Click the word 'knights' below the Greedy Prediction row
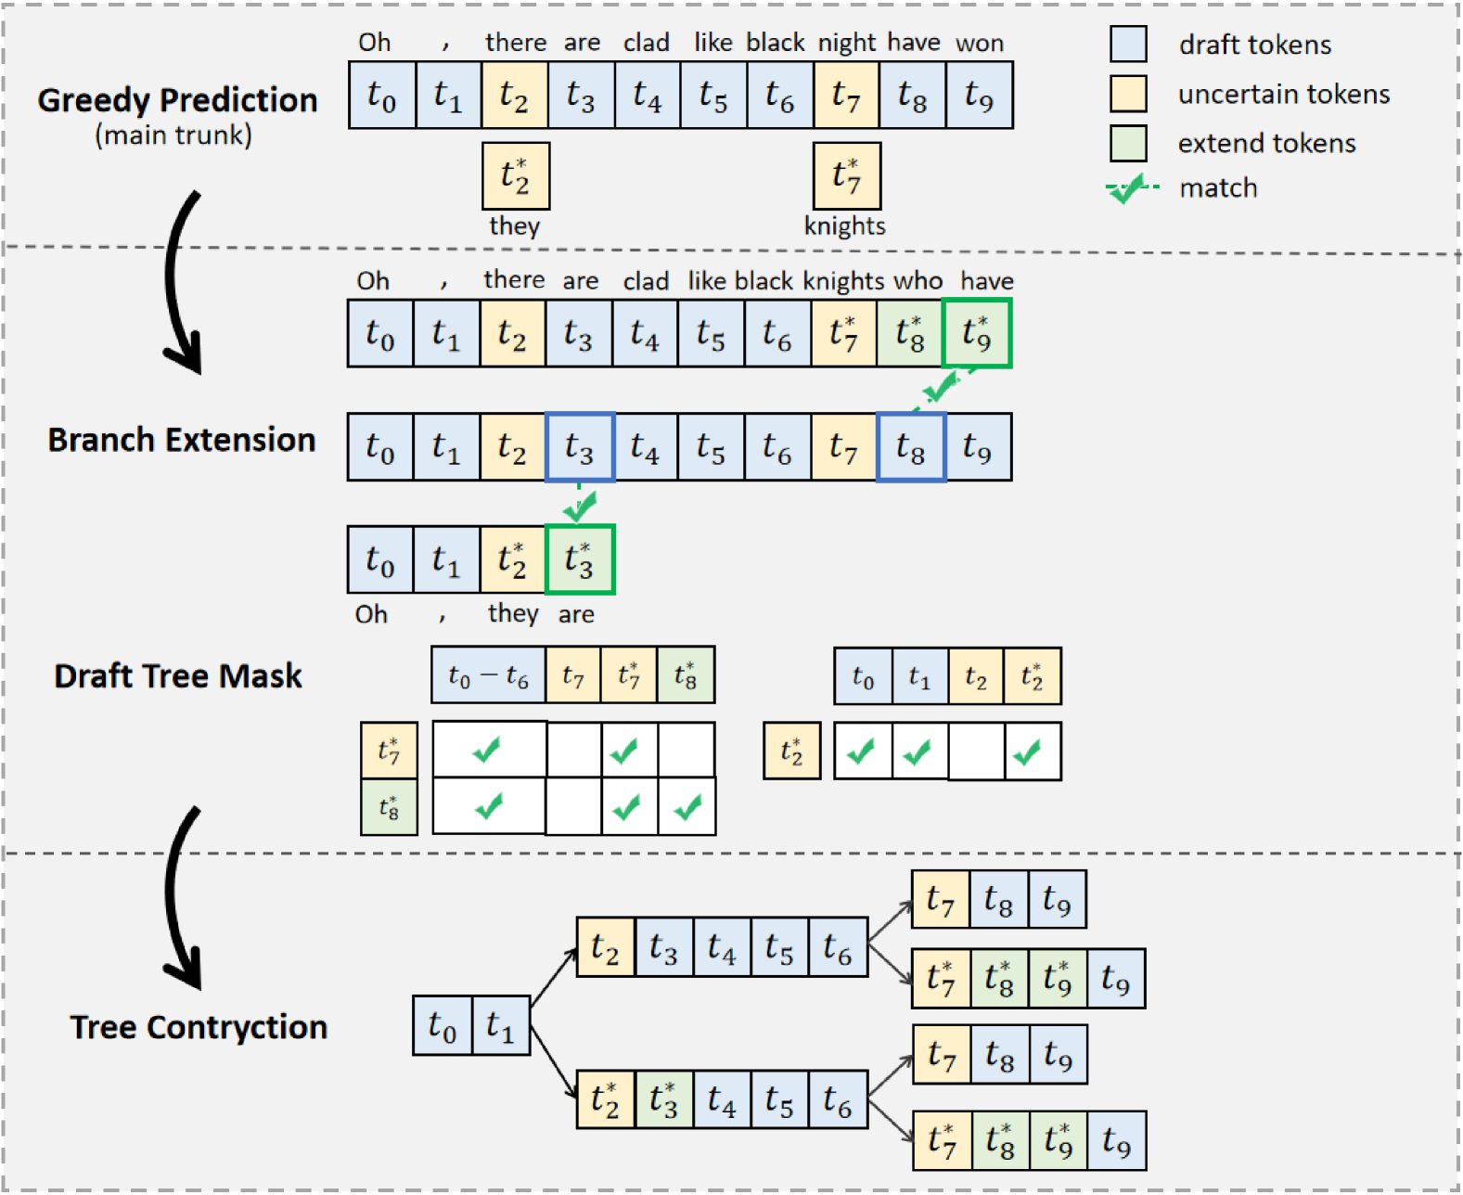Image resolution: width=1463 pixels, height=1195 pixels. click(844, 226)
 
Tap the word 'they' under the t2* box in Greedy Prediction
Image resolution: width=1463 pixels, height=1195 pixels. click(514, 226)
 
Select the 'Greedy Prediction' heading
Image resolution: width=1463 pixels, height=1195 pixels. click(177, 100)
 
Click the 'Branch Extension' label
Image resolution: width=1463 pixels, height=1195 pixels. click(182, 440)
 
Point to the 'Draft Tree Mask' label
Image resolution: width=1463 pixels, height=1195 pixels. click(178, 676)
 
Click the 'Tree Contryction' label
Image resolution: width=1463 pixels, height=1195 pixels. click(199, 1027)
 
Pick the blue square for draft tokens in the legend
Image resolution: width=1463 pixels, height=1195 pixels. click(1128, 45)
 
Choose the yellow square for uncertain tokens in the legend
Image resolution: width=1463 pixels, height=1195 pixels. click(1128, 94)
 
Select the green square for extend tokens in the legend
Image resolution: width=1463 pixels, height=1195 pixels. click(1128, 143)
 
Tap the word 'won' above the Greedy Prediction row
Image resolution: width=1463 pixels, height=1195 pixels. click(980, 44)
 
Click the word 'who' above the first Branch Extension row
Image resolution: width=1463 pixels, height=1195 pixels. click(918, 281)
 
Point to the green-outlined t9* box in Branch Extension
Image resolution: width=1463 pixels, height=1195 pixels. click(977, 333)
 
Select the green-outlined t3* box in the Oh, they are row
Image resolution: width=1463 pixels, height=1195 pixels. click(580, 559)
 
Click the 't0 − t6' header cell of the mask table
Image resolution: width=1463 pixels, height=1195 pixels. click(488, 675)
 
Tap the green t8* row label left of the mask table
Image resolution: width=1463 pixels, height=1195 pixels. click(389, 807)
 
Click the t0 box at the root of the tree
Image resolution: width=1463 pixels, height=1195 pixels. click(443, 1025)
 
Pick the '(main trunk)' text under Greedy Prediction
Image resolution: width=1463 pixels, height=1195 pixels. click(173, 135)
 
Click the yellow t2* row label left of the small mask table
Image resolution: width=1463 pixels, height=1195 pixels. click(792, 751)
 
